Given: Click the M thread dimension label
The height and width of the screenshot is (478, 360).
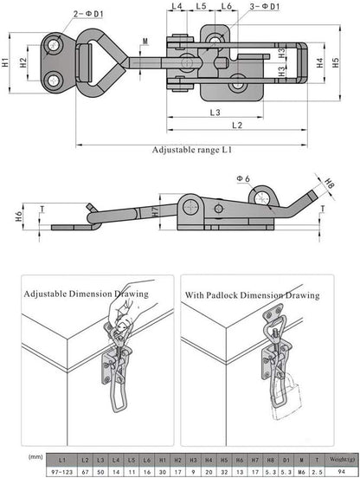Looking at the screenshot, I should coord(144,41).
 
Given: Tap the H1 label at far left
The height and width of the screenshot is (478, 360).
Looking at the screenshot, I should coord(6,63).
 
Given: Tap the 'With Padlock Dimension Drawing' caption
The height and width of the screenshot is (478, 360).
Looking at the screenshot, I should coord(252,295).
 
